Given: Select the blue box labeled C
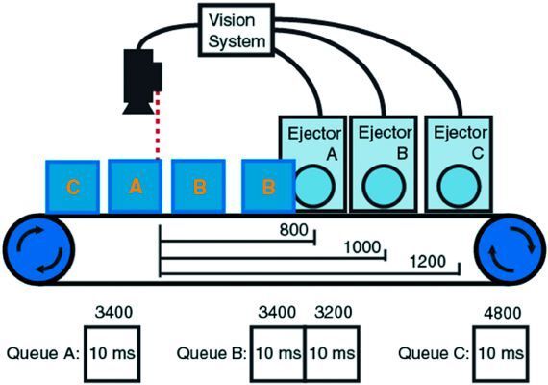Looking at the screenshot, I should point(72,188).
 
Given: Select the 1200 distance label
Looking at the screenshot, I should point(427,262).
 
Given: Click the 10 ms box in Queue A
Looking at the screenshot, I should point(112,353).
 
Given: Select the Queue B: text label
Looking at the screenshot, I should point(212,353).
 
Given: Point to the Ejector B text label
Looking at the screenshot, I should point(385,140).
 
